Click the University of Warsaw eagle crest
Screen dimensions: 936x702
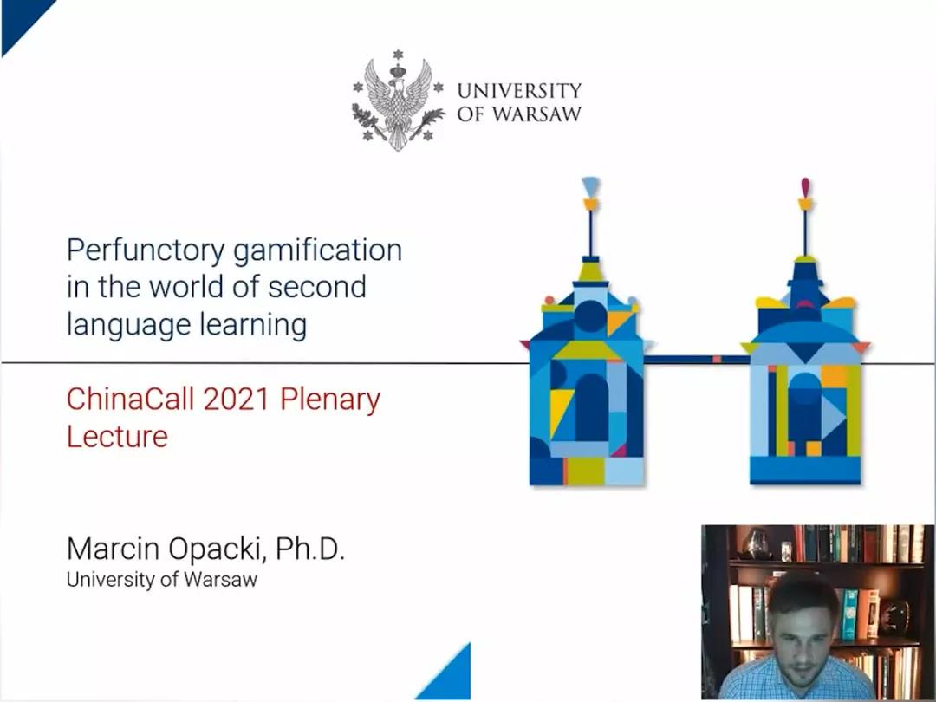(398, 100)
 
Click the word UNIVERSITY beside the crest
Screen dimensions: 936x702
(519, 91)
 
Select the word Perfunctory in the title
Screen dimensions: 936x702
(146, 250)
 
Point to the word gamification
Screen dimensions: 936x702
(317, 250)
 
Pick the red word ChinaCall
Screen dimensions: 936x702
(131, 399)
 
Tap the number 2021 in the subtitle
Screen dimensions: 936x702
(237, 399)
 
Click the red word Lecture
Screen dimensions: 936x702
(117, 436)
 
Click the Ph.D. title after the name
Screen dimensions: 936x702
(310, 548)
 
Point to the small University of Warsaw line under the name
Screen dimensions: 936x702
(162, 580)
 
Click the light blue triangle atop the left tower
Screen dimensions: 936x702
(590, 185)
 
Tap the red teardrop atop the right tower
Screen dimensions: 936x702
(805, 186)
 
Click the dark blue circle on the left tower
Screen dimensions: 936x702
(590, 316)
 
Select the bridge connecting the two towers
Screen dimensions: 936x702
(696, 360)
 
